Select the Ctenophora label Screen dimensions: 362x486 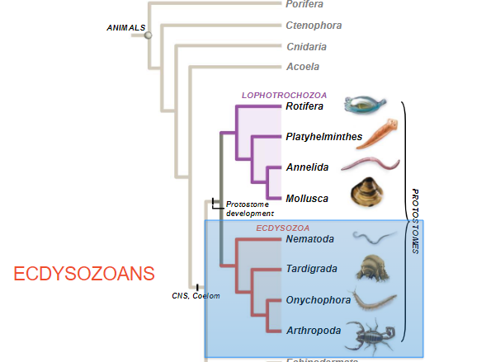coord(314,25)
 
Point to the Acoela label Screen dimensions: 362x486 coord(303,66)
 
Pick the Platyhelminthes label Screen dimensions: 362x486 coord(324,137)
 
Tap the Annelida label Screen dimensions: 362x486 coord(307,167)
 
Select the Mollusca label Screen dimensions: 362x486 coord(307,198)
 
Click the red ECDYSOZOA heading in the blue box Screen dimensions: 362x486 coord(282,228)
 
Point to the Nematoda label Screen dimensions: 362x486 coord(310,239)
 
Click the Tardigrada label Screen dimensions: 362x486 coord(312,269)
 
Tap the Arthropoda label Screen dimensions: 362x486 coord(314,330)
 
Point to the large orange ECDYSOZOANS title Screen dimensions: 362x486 coord(85,272)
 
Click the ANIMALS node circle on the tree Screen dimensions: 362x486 coord(149,35)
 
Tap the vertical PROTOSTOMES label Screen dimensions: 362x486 coord(415,221)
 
